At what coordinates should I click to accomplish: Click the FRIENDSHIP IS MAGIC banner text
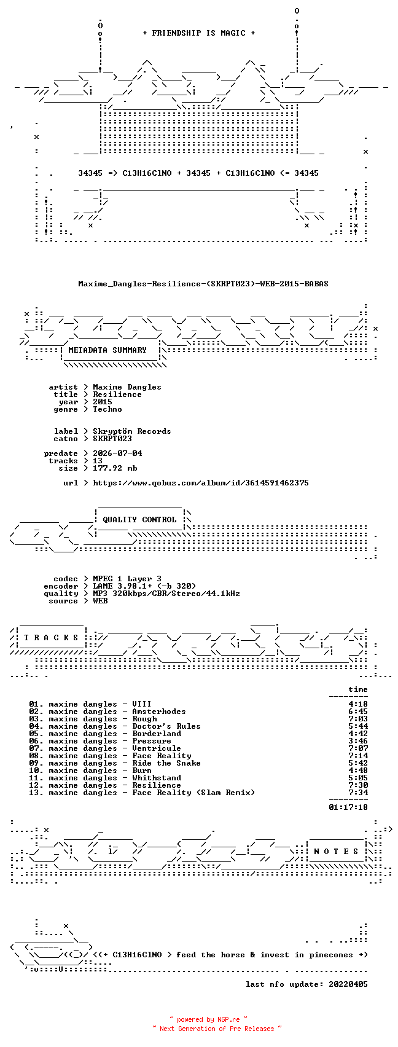pos(198,33)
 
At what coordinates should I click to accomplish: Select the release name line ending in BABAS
pos(203,284)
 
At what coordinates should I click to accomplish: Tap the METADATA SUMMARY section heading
pos(107,350)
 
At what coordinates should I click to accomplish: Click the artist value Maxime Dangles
pos(127,387)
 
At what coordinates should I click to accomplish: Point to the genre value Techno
pos(107,409)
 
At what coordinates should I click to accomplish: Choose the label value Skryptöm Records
pos(131,431)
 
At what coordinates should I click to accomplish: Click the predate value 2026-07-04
pos(117,453)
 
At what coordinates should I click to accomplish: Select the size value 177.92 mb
pos(115,468)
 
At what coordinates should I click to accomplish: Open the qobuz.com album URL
pos(201,483)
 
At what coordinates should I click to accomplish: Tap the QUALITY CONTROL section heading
pos(139,520)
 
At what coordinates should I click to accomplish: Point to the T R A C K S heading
pos(52,638)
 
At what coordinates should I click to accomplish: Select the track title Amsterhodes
pos(159,712)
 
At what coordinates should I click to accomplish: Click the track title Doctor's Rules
pos(166,726)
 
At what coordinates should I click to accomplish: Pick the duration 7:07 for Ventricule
pos(358,748)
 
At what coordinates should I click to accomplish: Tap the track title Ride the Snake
pos(166,763)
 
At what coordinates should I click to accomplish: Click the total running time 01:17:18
pos(348,807)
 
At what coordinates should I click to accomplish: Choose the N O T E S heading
pos(336,852)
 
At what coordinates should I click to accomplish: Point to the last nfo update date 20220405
pos(348,984)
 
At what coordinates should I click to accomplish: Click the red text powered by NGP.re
pos(208,1019)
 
